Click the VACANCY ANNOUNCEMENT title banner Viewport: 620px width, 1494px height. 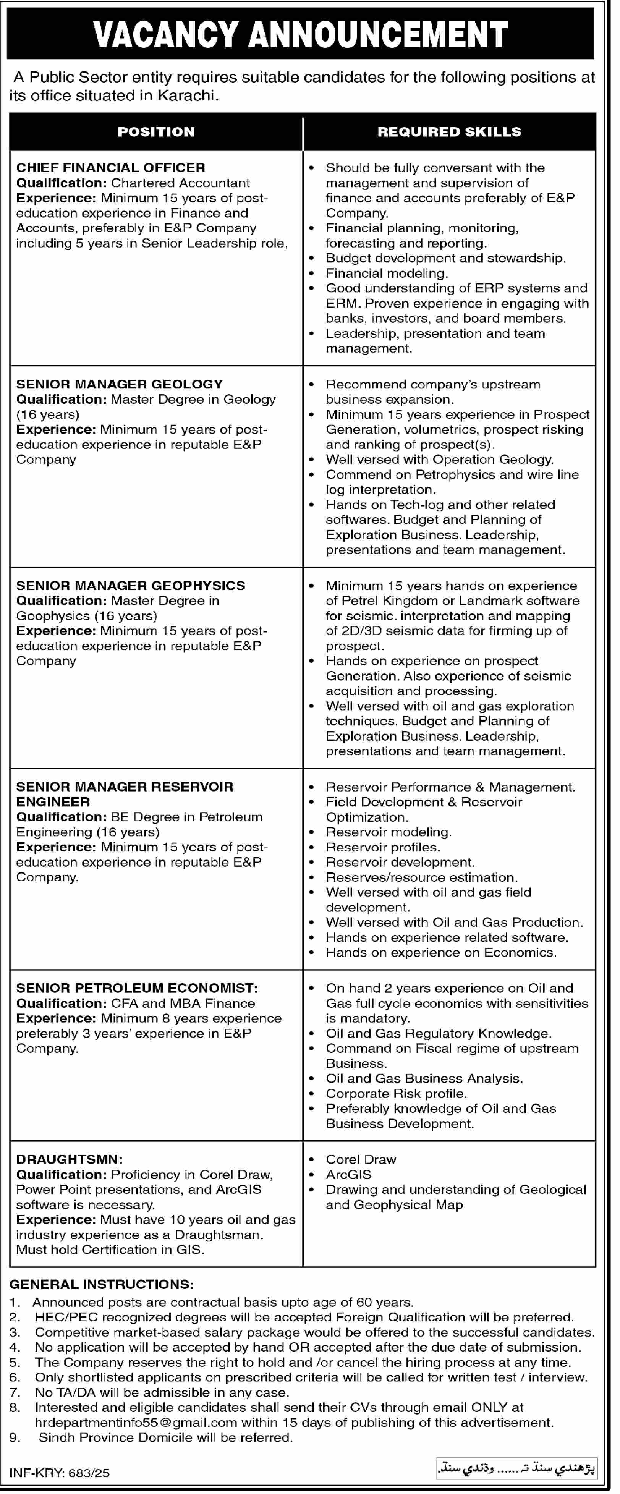(x=300, y=34)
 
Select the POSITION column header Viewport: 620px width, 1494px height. (x=156, y=132)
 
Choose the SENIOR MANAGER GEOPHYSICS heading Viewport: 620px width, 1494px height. (x=131, y=585)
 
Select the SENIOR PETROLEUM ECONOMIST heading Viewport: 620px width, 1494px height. (x=137, y=988)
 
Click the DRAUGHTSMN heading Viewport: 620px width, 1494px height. (x=69, y=1159)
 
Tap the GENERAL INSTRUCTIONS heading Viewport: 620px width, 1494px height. (x=102, y=1284)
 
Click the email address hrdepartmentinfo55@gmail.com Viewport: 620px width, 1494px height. (x=136, y=1422)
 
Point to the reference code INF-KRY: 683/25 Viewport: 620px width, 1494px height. (x=59, y=1472)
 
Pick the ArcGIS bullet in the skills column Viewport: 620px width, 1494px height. (x=348, y=1174)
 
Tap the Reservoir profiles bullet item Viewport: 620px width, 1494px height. (x=382, y=847)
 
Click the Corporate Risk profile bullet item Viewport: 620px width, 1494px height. (x=396, y=1093)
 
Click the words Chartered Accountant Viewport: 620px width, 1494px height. (x=180, y=183)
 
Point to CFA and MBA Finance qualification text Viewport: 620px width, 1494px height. (x=183, y=1003)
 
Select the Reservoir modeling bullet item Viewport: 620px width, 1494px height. (x=388, y=832)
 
